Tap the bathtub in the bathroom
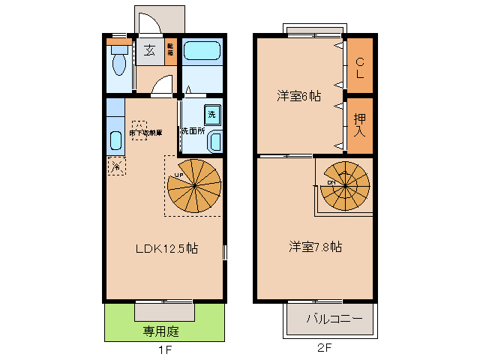pyautogui.click(x=201, y=52)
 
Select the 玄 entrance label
pyautogui.click(x=149, y=51)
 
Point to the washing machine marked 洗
pyautogui.click(x=211, y=113)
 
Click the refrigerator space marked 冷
pyautogui.click(x=116, y=166)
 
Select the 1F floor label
pyautogui.click(x=163, y=349)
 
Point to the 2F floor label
pyautogui.click(x=323, y=349)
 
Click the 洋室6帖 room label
pyautogui.click(x=298, y=96)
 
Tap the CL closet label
pyautogui.click(x=360, y=68)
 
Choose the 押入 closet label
pyautogui.click(x=361, y=124)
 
